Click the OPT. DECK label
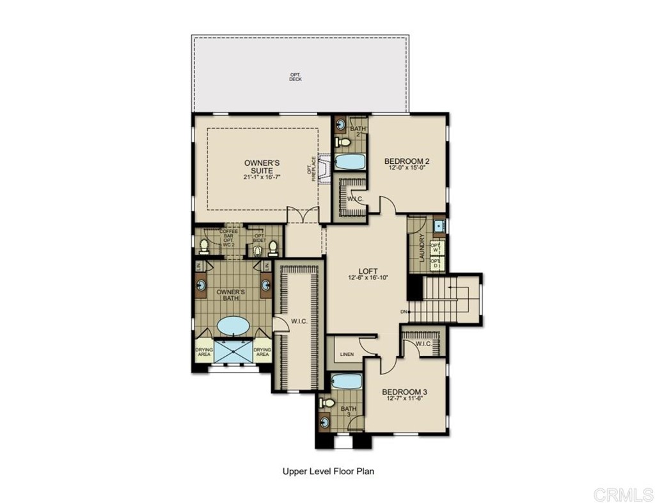[x=295, y=77]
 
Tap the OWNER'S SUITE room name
[x=262, y=166]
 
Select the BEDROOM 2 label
[x=406, y=161]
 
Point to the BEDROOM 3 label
[x=404, y=392]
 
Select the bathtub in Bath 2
[x=350, y=161]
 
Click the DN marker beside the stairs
[x=404, y=312]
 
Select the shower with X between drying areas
[x=233, y=351]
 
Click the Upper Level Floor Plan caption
[x=327, y=472]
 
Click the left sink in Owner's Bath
[x=201, y=285]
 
